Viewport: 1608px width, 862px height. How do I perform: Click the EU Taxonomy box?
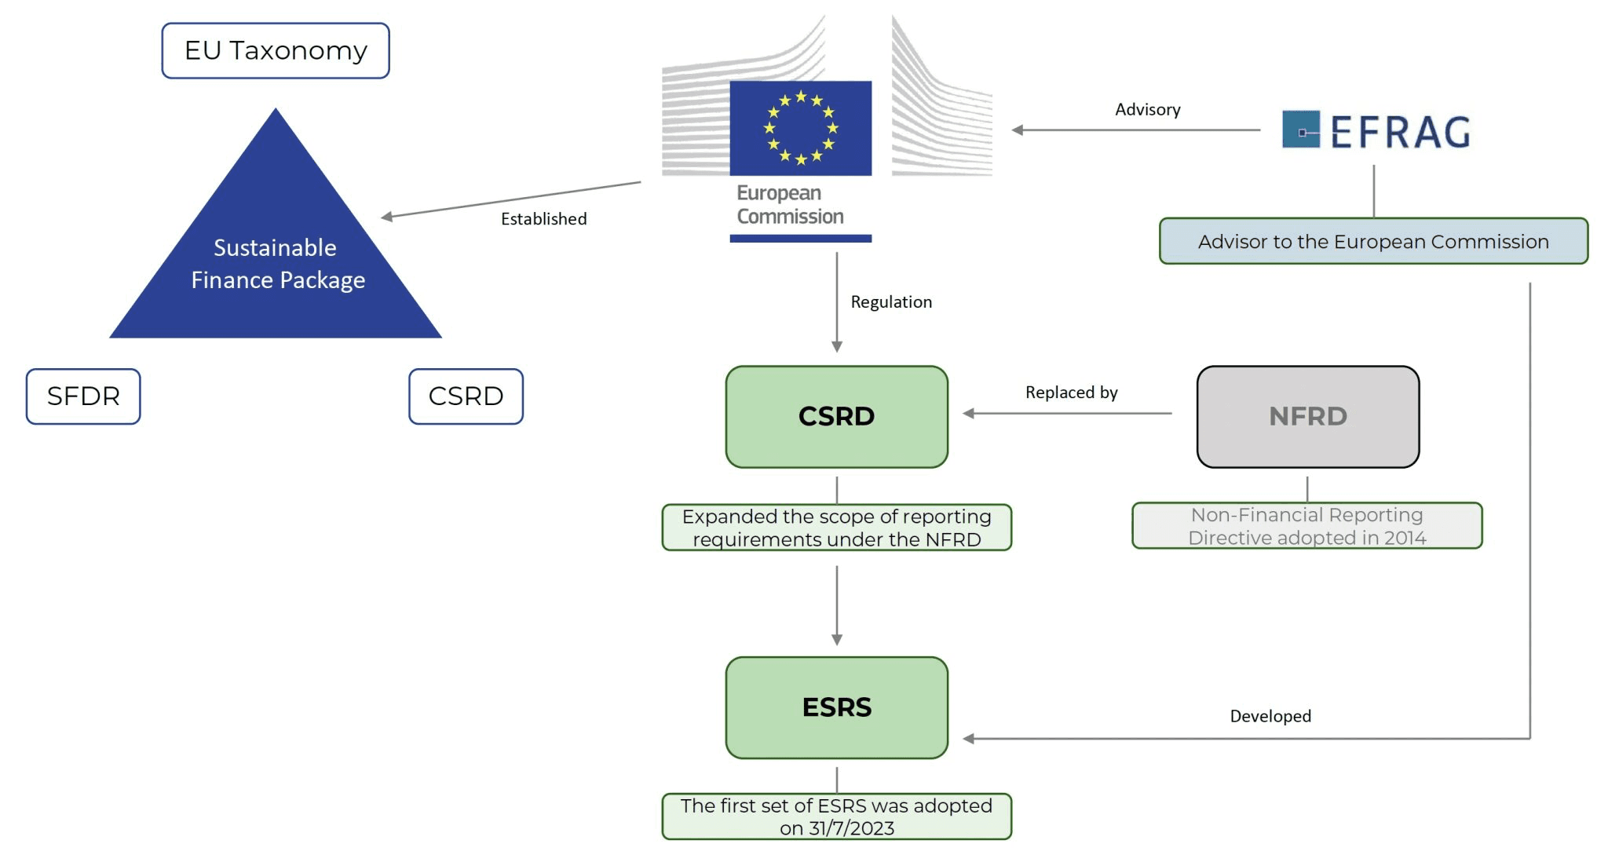coord(276,51)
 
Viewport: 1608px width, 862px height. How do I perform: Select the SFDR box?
coord(83,396)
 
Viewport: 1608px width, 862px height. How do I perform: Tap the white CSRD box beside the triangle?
coord(466,396)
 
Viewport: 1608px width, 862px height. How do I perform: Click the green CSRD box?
coord(836,417)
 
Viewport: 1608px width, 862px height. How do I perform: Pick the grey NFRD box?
coord(1307,417)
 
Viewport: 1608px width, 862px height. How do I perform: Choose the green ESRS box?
coord(836,707)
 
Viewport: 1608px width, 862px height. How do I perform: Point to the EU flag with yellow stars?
coord(800,128)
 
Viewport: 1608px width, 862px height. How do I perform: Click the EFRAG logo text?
coord(1400,132)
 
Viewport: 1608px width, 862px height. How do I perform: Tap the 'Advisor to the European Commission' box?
coord(1373,242)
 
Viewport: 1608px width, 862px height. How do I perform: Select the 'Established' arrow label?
coord(543,219)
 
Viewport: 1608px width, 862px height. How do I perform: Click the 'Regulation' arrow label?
coord(891,302)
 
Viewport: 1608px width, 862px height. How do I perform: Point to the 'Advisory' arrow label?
coord(1147,110)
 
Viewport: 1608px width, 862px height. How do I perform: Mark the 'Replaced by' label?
coord(1071,393)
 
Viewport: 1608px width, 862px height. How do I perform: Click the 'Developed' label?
coord(1270,716)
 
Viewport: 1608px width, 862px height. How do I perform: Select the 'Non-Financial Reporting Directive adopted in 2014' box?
coord(1306,526)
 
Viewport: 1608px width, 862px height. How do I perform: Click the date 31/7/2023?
coord(852,828)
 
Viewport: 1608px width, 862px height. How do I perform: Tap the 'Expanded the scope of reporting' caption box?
coord(836,528)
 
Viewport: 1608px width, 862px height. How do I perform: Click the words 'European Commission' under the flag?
coord(790,205)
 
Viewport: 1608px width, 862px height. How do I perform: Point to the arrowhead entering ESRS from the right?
coord(969,739)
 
